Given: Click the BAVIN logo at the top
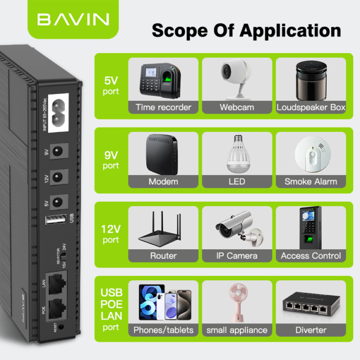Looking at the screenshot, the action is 73,19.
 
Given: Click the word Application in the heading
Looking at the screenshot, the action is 290,31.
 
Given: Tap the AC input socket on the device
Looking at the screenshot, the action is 58,113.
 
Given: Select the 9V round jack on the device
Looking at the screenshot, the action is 58,151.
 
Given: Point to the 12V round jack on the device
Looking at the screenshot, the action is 58,177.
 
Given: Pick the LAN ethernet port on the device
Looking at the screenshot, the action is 56,284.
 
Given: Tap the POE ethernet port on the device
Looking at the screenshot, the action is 56,308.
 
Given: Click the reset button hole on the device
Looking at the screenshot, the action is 61,326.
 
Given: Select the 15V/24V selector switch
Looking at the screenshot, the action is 64,256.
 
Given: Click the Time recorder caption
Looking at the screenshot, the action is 163,107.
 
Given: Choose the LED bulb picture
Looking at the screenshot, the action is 238,154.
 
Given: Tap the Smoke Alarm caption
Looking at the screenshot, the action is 311,182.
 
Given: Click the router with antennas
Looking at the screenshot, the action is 160,229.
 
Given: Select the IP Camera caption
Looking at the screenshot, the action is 236,256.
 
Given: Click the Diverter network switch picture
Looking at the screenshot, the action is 311,303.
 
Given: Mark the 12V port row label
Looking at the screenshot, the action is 111,234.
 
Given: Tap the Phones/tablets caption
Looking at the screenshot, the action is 163,330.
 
